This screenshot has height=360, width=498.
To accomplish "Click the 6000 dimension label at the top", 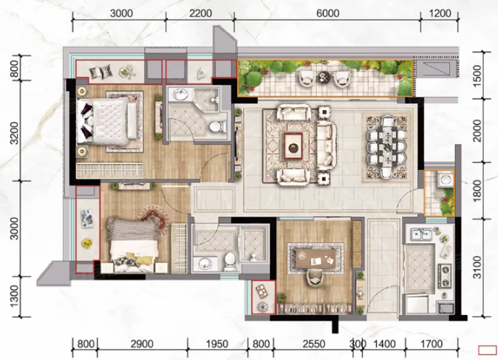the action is (x=327, y=13).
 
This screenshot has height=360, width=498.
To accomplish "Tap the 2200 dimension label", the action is (x=200, y=13).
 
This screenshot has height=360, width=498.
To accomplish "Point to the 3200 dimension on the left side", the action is (x=15, y=132).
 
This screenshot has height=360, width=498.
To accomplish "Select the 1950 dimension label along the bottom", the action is (x=217, y=344).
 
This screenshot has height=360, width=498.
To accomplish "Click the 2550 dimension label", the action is (x=314, y=344).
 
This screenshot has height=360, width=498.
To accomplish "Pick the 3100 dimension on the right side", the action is (x=477, y=268).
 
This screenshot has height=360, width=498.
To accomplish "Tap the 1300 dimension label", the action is (x=15, y=296).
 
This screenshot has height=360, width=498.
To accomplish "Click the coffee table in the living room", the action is (x=293, y=146).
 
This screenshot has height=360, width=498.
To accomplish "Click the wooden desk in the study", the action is (x=315, y=258).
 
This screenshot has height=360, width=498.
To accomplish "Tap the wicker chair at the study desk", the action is (x=315, y=277).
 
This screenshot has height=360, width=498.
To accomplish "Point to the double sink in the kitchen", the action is (x=421, y=235).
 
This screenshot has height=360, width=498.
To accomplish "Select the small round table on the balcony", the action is (x=324, y=77).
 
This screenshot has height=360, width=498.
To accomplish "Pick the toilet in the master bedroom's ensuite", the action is (x=216, y=126).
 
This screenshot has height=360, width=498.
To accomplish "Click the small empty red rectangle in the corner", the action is (x=488, y=350).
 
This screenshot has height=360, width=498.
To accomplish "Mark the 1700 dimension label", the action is (x=432, y=344).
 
